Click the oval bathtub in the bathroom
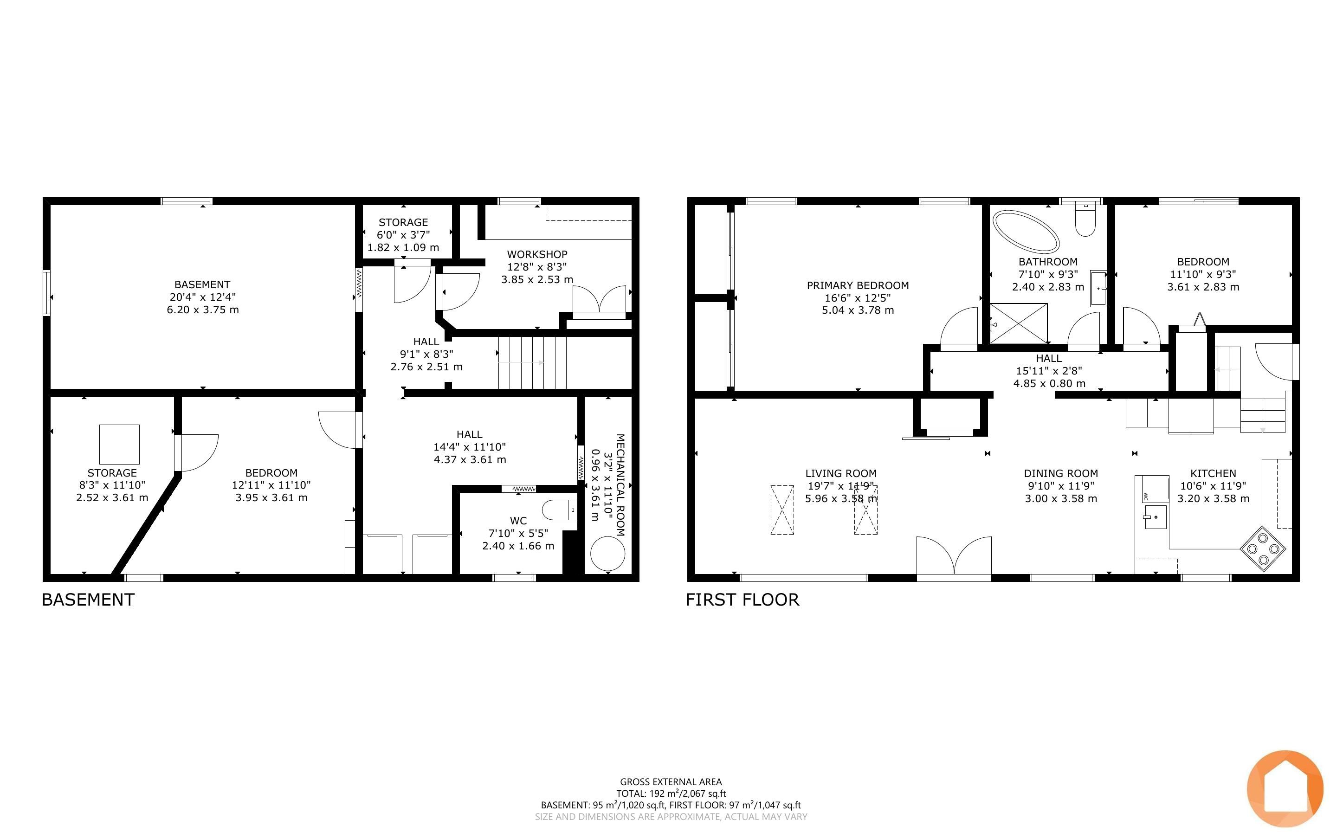1026,231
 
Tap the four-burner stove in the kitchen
1263,549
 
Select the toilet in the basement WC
559,510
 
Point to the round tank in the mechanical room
607,553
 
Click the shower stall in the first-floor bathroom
1019,323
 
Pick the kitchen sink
1155,517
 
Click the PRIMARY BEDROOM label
858,285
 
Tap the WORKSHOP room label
537,254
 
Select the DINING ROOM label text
1061,473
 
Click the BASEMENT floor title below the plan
88,600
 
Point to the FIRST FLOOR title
742,600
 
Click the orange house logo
1285,788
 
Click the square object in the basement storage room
119,444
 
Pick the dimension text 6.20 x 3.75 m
203,310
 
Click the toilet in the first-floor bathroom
1085,219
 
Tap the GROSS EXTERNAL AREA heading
671,782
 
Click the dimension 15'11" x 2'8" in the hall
1048,371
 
